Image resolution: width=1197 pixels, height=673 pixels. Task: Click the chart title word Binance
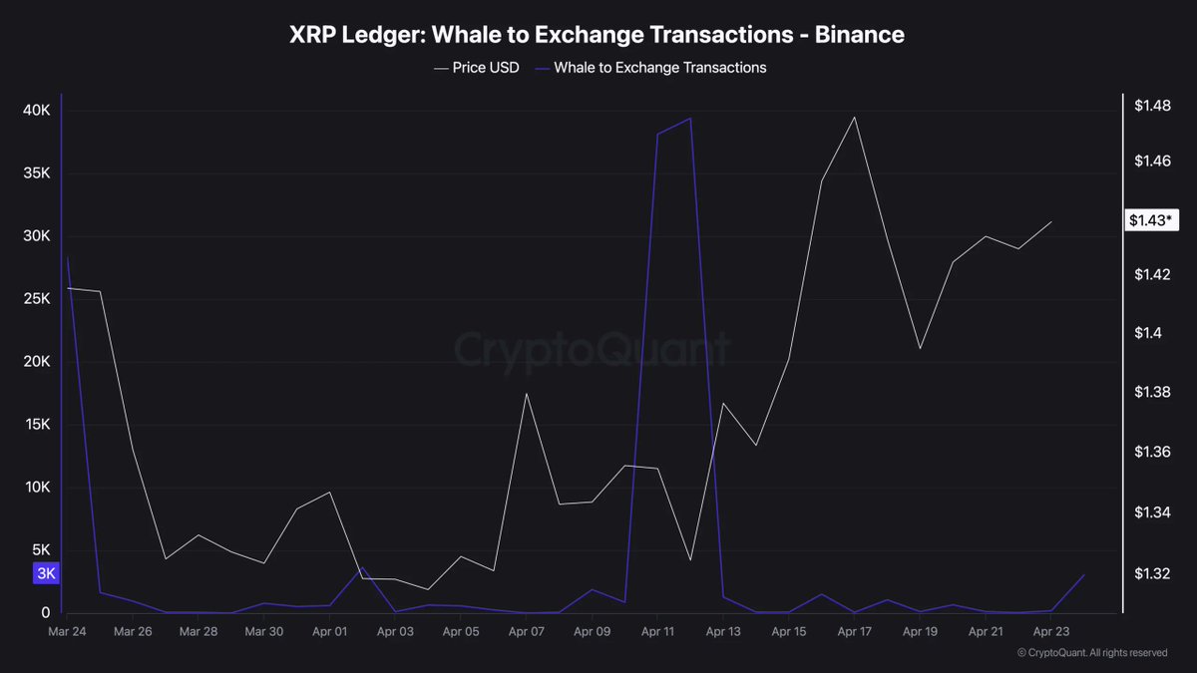point(859,35)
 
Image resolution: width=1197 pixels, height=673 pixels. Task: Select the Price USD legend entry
point(477,68)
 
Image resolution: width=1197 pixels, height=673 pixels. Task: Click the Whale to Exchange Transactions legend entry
point(649,68)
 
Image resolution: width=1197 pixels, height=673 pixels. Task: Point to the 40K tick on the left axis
point(37,111)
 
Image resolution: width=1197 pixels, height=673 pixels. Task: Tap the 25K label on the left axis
point(37,299)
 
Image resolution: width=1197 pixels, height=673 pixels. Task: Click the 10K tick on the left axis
point(37,488)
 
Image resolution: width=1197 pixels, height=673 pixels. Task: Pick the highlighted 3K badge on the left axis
point(46,573)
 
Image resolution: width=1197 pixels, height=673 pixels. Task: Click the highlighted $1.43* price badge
point(1151,220)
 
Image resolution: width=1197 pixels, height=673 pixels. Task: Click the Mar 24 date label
point(67,632)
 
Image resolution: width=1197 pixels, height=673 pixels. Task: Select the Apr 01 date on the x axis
point(329,632)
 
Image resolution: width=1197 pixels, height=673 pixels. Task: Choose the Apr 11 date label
point(657,632)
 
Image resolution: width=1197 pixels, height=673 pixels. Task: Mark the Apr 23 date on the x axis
point(1050,632)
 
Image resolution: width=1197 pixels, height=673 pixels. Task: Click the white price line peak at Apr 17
point(854,118)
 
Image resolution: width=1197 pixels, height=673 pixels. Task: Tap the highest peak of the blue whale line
point(690,119)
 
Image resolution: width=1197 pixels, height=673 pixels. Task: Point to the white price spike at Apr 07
point(526,394)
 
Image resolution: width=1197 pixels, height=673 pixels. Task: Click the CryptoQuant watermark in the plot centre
point(593,350)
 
